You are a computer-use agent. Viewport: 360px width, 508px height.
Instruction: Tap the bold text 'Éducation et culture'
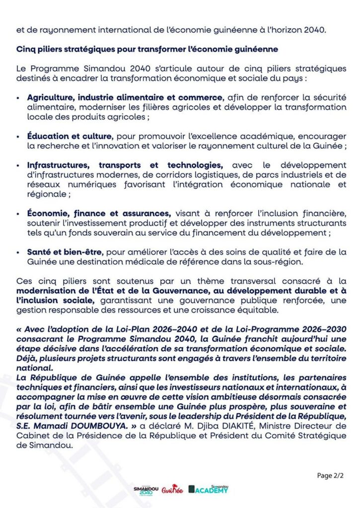tap(71, 136)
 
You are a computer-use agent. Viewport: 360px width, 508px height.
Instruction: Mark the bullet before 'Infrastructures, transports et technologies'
tap(18, 165)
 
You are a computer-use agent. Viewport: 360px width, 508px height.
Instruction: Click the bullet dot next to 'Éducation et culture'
tap(18, 136)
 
